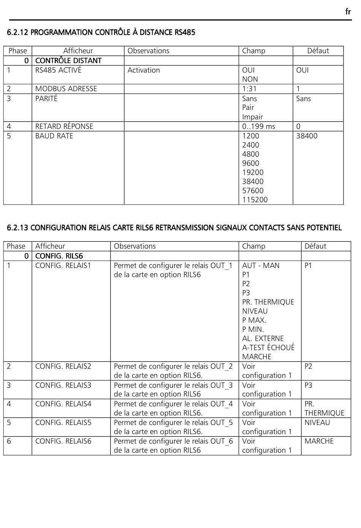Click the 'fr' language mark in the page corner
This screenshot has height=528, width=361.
click(x=348, y=12)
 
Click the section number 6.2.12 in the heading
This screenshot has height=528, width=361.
click(x=17, y=32)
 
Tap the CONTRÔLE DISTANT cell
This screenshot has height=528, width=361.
click(x=68, y=60)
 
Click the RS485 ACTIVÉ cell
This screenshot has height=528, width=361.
click(x=58, y=70)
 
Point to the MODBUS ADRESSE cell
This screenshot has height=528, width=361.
click(x=66, y=89)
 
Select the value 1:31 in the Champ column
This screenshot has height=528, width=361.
click(x=249, y=89)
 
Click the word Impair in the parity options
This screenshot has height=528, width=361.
click(x=252, y=117)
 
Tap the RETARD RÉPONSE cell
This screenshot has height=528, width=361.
click(x=64, y=126)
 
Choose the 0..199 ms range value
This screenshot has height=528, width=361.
click(x=258, y=126)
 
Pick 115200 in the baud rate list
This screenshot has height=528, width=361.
click(x=255, y=200)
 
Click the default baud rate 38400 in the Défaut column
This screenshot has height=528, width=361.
click(x=307, y=136)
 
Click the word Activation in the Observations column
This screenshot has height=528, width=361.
click(x=144, y=70)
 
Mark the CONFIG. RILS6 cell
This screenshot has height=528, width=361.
click(x=59, y=256)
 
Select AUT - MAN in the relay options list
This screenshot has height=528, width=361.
click(x=261, y=265)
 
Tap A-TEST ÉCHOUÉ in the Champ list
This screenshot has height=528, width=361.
click(x=268, y=347)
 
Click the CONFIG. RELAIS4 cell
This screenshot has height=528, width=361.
click(x=63, y=404)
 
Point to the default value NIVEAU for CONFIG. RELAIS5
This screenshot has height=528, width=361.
click(x=317, y=422)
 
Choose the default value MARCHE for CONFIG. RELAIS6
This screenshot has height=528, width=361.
click(x=319, y=441)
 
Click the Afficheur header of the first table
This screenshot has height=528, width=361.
click(x=78, y=51)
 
